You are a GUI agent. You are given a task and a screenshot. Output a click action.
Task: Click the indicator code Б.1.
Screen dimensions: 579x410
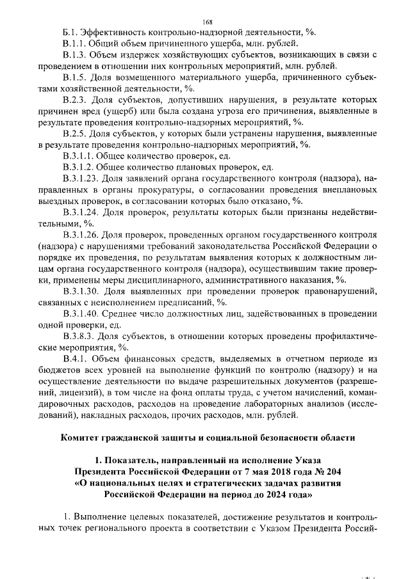pos(70,32)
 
